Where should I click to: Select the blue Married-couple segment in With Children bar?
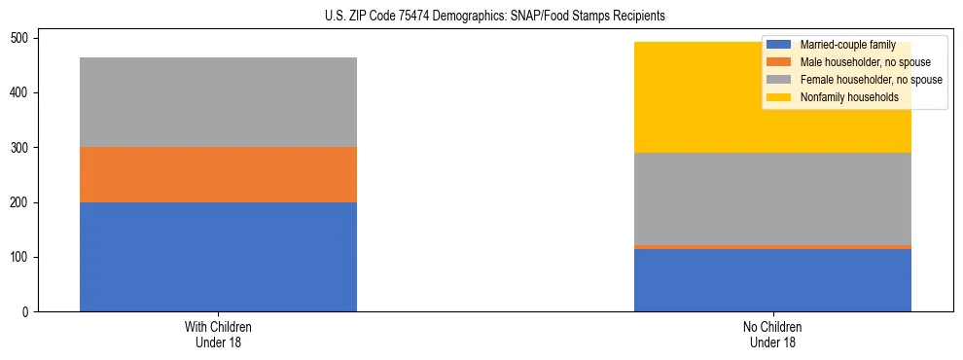click(x=218, y=257)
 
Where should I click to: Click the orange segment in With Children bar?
click(x=218, y=174)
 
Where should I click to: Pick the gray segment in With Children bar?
click(x=218, y=102)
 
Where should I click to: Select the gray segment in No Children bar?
click(x=772, y=198)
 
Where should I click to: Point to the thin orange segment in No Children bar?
click(x=772, y=247)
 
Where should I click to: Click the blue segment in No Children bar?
click(x=772, y=280)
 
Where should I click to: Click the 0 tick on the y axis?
click(x=30, y=311)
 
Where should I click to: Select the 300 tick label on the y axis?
click(x=24, y=148)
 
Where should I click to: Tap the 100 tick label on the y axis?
click(x=24, y=257)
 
